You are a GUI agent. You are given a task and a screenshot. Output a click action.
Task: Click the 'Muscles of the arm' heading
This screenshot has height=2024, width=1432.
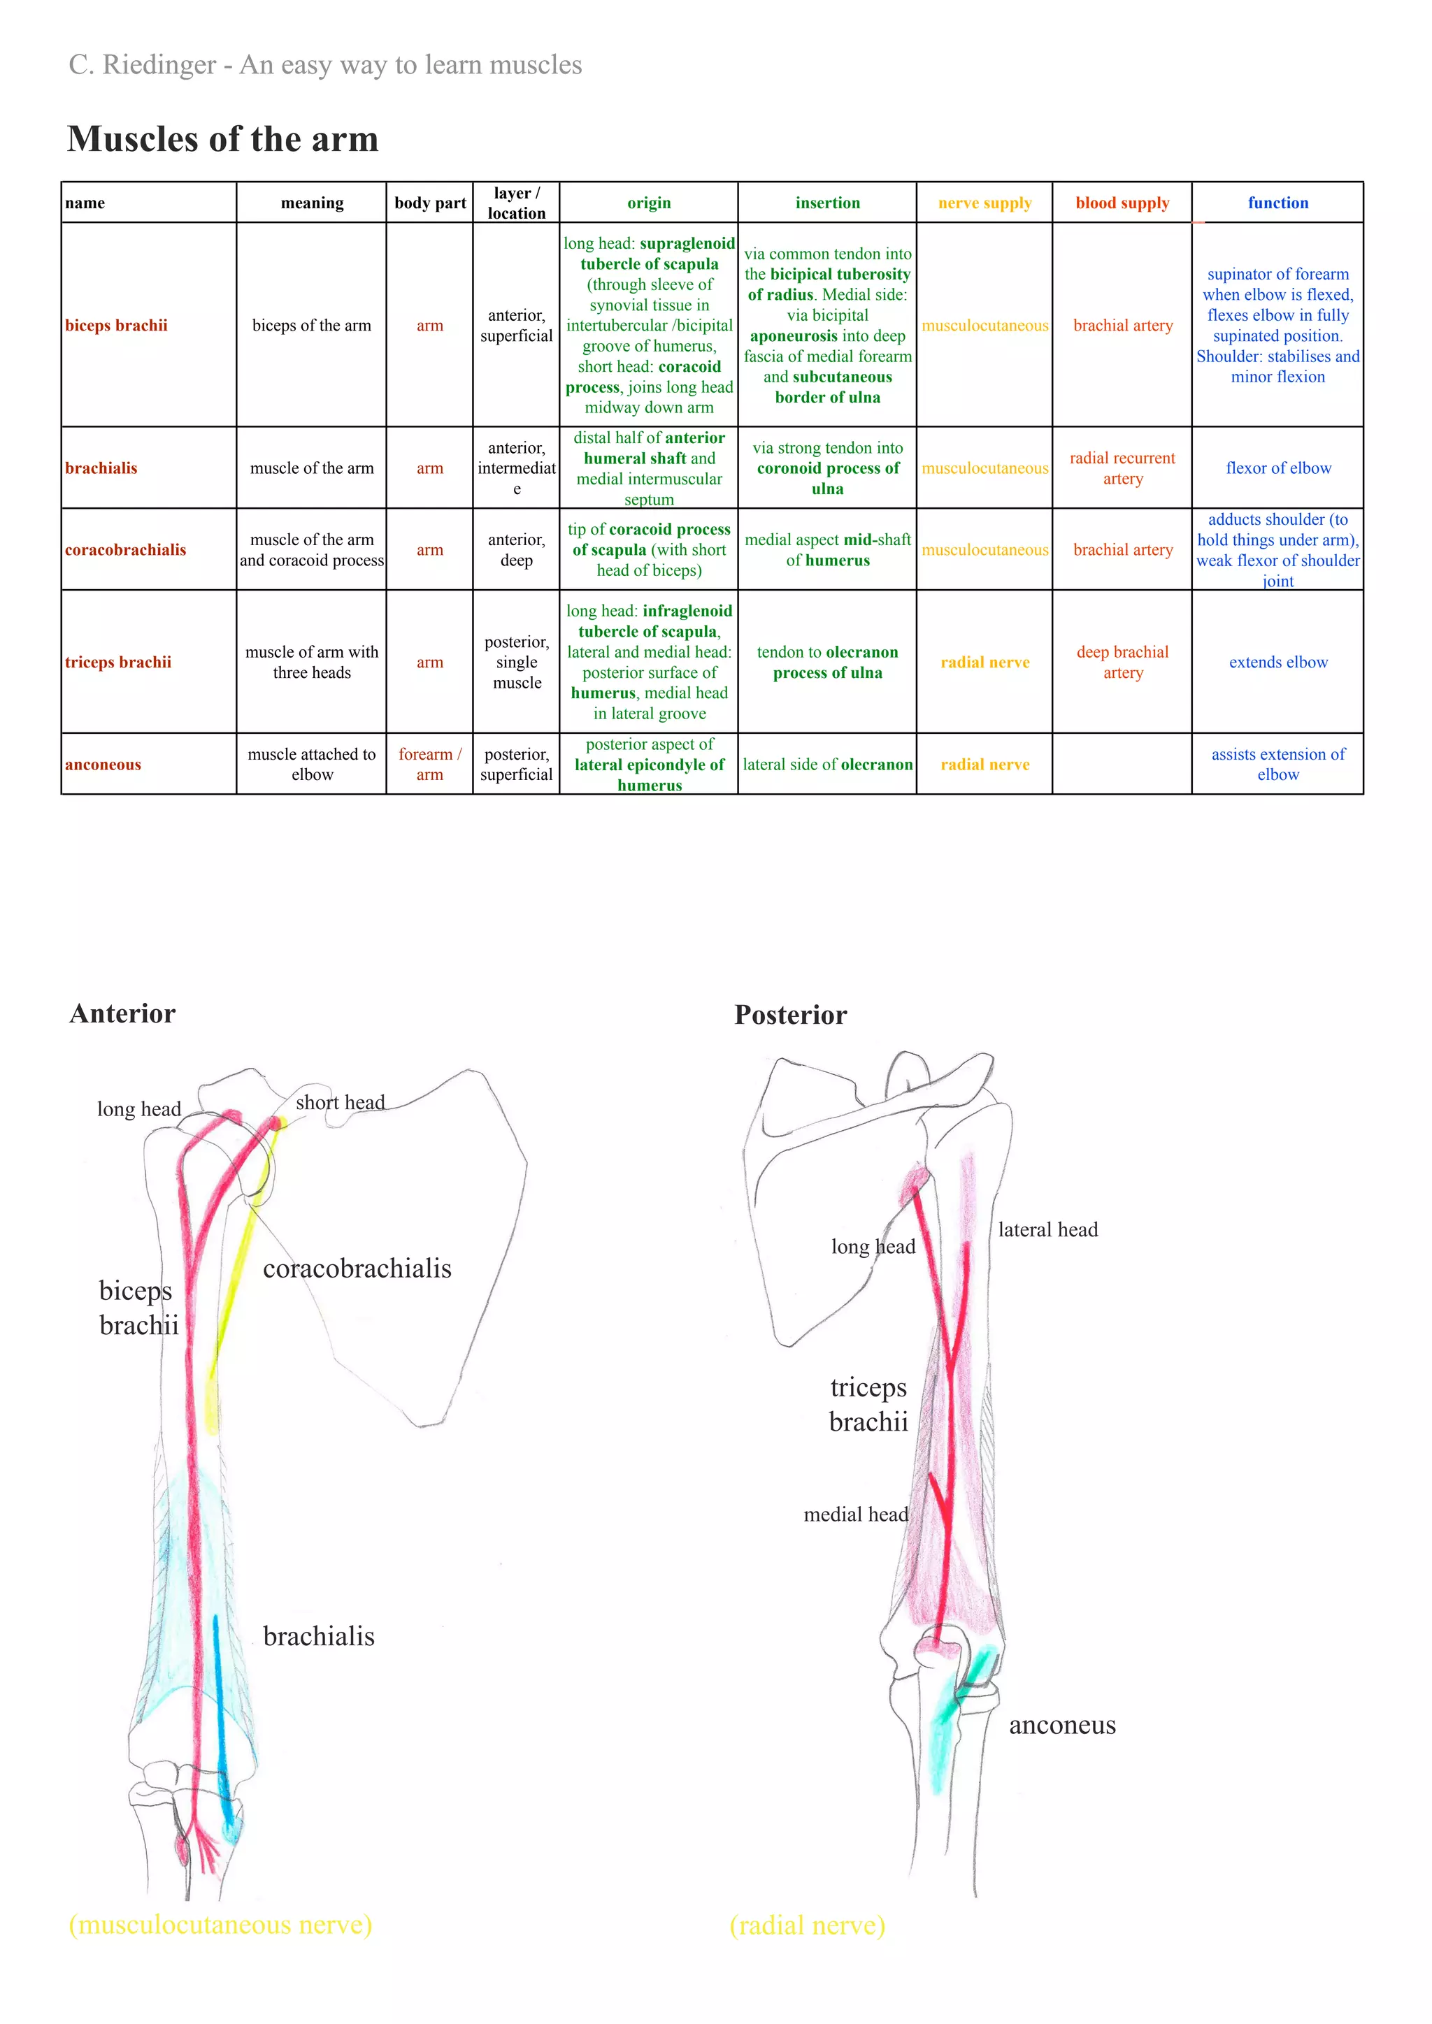pyautogui.click(x=222, y=139)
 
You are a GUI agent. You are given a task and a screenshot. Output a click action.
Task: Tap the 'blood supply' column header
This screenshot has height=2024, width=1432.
pyautogui.click(x=1122, y=203)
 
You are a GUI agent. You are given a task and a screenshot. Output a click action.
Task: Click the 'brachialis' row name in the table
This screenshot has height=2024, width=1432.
pyautogui.click(x=101, y=468)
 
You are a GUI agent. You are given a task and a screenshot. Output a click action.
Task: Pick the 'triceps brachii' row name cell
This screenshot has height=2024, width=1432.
pyautogui.click(x=118, y=662)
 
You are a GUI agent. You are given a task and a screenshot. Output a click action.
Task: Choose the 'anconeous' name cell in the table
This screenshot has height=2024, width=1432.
pyautogui.click(x=103, y=765)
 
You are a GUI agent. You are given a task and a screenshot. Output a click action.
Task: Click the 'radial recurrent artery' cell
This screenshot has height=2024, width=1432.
pyautogui.click(x=1122, y=468)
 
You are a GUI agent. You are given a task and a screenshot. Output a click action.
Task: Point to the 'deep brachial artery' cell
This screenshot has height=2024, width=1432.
pyautogui.click(x=1122, y=662)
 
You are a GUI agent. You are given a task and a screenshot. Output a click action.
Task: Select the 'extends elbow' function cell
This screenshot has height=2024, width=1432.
pyautogui.click(x=1277, y=662)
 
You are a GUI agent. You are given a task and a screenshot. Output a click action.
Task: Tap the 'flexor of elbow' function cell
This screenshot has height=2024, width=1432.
pyautogui.click(x=1277, y=468)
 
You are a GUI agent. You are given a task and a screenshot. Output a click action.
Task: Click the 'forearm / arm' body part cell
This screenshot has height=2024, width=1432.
pyautogui.click(x=429, y=765)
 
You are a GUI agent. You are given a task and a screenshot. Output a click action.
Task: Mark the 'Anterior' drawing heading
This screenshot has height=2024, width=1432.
pyautogui.click(x=122, y=1014)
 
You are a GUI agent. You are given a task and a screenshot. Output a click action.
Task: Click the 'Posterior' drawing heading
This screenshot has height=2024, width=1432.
pyautogui.click(x=790, y=1015)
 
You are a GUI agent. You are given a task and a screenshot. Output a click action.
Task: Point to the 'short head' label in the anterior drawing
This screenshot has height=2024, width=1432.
pyautogui.click(x=341, y=1103)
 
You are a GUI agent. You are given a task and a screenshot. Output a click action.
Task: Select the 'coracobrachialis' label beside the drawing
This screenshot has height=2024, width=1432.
pyautogui.click(x=357, y=1268)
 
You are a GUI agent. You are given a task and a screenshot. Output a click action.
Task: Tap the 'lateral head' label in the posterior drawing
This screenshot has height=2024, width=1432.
pyautogui.click(x=1047, y=1230)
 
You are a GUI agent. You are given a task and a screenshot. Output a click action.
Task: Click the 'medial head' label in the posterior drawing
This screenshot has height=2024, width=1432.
pyautogui.click(x=855, y=1515)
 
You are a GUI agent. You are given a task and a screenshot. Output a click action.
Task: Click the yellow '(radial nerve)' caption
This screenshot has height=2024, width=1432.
pyautogui.click(x=807, y=1925)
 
